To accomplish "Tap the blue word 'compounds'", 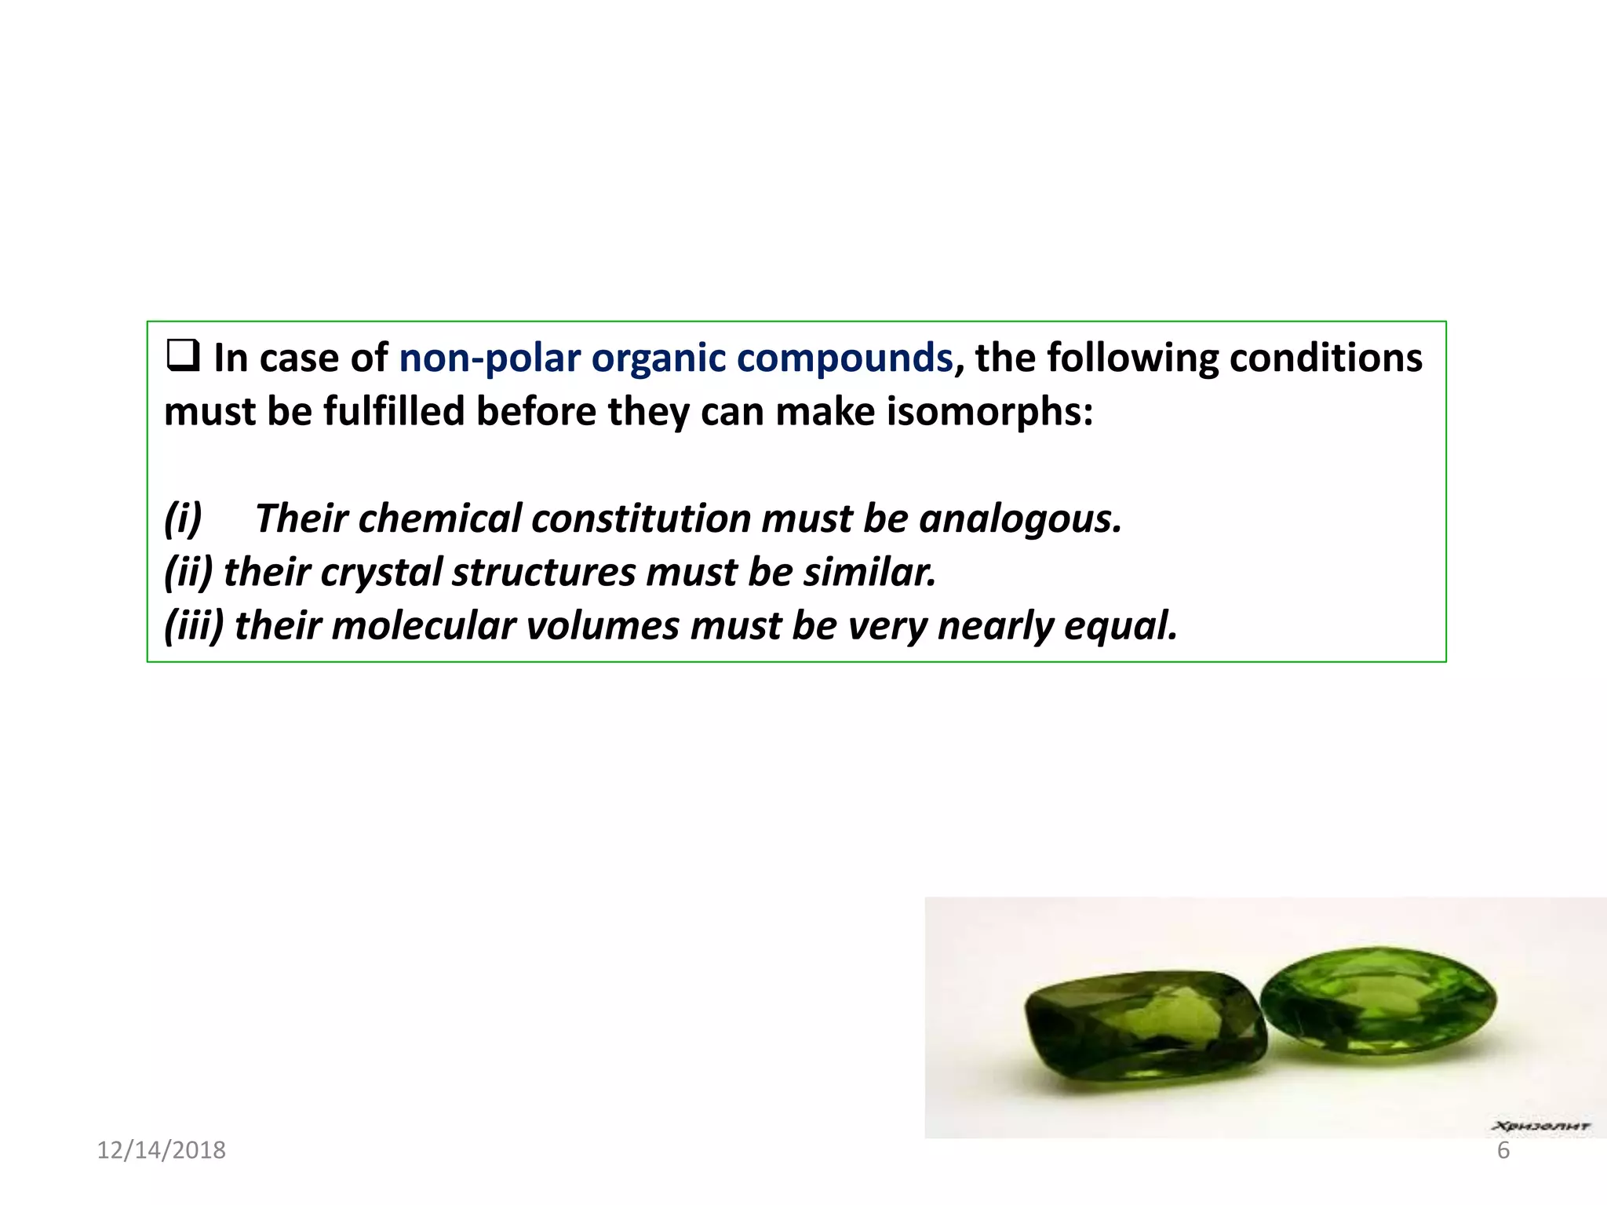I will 844,359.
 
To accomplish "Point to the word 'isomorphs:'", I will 990,412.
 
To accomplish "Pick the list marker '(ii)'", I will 188,573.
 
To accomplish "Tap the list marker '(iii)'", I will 194,626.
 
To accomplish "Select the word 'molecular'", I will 424,626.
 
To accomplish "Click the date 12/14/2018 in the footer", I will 161,1150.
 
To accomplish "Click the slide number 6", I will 1503,1150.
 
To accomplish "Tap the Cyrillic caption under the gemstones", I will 1540,1127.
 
